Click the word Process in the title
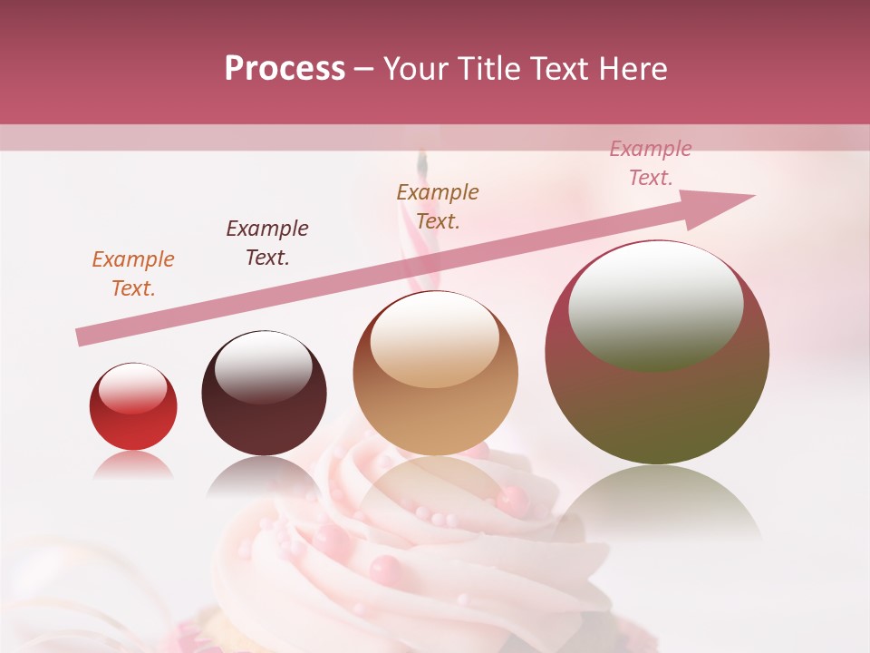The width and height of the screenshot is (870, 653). click(285, 69)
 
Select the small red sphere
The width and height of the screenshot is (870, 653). click(133, 406)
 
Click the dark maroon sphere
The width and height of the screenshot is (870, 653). click(264, 394)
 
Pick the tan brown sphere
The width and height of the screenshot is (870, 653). click(435, 374)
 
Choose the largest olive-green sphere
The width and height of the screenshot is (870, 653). click(657, 354)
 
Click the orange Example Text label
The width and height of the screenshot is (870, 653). click(133, 273)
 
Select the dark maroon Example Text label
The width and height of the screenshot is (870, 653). click(267, 242)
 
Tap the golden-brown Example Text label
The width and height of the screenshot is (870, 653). click(438, 206)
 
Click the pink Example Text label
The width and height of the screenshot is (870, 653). click(651, 163)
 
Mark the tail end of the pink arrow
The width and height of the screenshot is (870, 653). click(79, 338)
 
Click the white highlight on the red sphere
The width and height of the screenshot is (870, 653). click(133, 388)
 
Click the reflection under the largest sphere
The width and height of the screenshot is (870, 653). click(657, 499)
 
